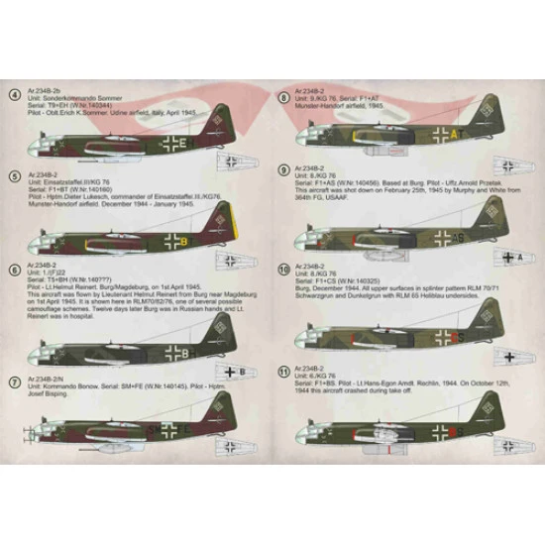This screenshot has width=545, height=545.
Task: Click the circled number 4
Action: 14,96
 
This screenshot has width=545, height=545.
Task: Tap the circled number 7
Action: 14,381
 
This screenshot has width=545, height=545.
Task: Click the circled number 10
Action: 284,268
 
